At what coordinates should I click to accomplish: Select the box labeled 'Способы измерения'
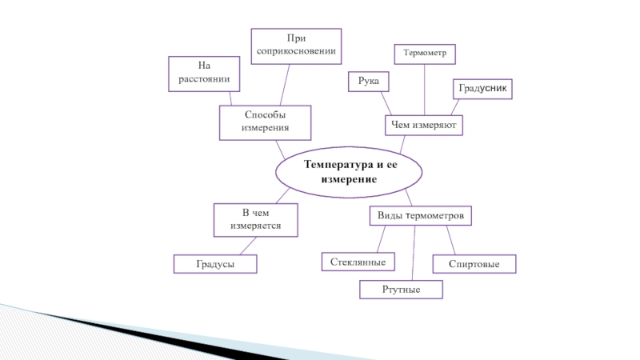(265, 122)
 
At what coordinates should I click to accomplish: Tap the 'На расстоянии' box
(204, 73)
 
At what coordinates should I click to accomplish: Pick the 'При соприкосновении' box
(296, 46)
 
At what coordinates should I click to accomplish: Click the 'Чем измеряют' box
(424, 125)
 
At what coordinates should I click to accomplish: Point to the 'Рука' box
(368, 81)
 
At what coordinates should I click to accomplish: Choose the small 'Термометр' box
(425, 54)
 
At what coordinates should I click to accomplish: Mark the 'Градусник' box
(482, 89)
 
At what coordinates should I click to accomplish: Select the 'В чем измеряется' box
(255, 220)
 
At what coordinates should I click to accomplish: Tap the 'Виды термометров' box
(420, 216)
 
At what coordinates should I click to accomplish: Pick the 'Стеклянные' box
(358, 262)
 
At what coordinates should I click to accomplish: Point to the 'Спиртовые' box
(474, 264)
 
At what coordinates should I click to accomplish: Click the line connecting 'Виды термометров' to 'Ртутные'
(414, 254)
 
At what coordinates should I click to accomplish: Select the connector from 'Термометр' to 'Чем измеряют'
(425, 90)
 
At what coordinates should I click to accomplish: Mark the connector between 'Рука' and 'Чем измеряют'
(385, 103)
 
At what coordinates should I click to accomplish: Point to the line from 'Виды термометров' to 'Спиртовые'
(450, 241)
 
